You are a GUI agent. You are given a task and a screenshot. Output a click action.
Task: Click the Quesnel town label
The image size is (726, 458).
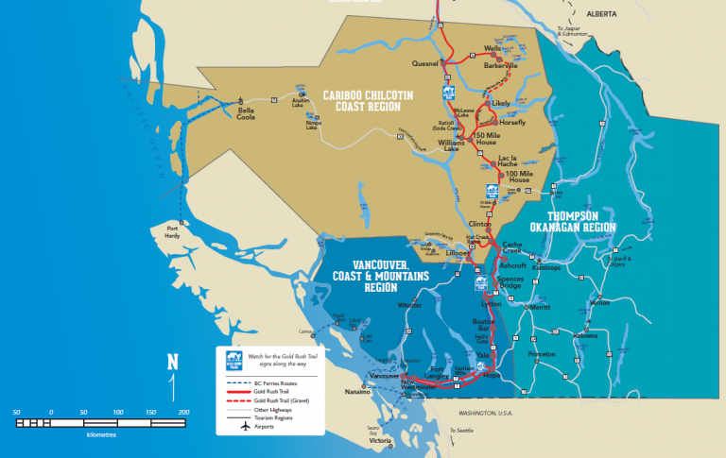click(x=426, y=63)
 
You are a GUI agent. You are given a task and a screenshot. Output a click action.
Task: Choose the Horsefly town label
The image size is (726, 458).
click(x=511, y=122)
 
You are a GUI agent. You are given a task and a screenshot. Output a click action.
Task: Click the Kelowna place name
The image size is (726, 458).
click(x=585, y=335)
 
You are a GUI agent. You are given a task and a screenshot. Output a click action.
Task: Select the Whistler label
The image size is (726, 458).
click(x=409, y=305)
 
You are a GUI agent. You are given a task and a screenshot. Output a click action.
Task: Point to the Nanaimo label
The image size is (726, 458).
click(x=355, y=390)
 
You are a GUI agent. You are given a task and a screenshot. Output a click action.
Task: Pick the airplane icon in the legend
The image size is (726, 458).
click(x=246, y=427)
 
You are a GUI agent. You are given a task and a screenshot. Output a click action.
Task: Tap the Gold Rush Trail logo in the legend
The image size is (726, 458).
click(x=233, y=359)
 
